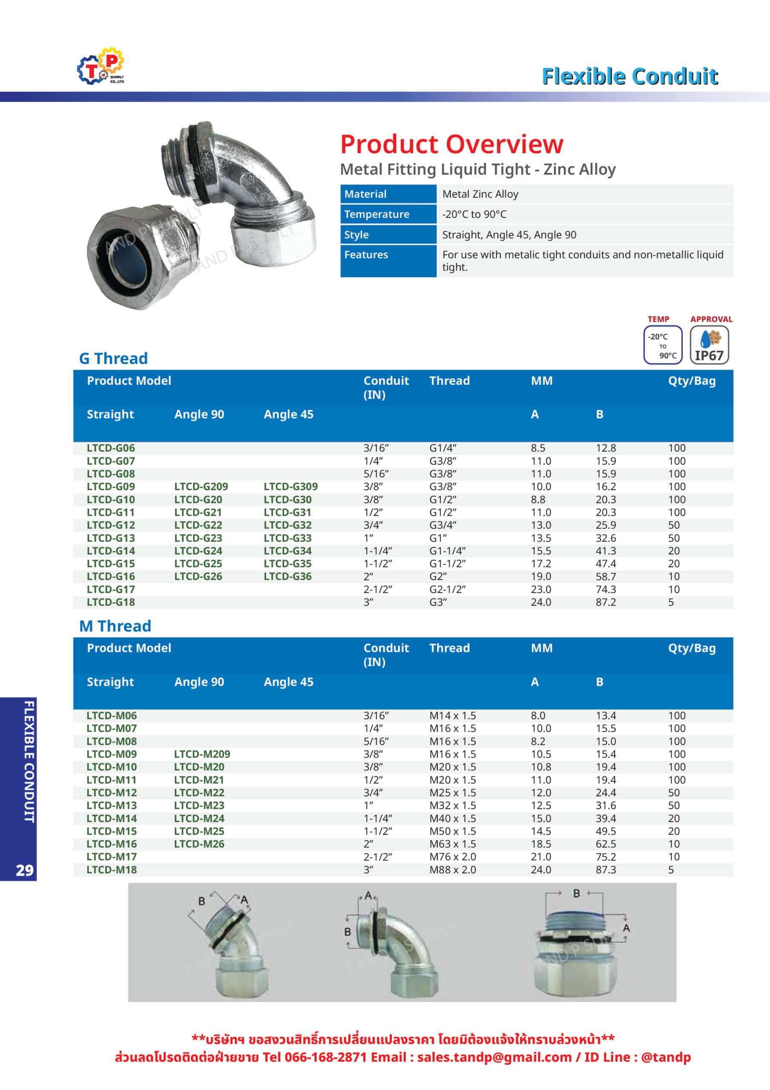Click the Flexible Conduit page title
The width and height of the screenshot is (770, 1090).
pos(630,77)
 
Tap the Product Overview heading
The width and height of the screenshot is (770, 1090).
pos(452,144)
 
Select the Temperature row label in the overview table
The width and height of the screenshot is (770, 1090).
pos(376,214)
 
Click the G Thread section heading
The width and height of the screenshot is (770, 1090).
pos(114,359)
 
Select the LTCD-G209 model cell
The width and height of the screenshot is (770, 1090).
pos(201,487)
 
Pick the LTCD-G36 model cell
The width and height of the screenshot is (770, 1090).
pos(288,577)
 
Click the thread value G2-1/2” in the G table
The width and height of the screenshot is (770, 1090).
pos(448,589)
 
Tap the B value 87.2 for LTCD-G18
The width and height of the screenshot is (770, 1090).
pos(606,602)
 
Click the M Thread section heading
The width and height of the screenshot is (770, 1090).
pos(115,626)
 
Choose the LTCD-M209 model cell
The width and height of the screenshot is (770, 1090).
pos(202,754)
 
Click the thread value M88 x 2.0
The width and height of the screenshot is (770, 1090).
pos(453,870)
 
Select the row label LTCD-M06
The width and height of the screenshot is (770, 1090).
pos(111,715)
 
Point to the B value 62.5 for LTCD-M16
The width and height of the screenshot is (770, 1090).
pos(606,844)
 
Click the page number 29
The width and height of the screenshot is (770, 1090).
pos(25,870)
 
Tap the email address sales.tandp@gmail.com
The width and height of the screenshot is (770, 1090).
pos(494,1057)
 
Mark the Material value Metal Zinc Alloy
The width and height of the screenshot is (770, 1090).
pos(480,194)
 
